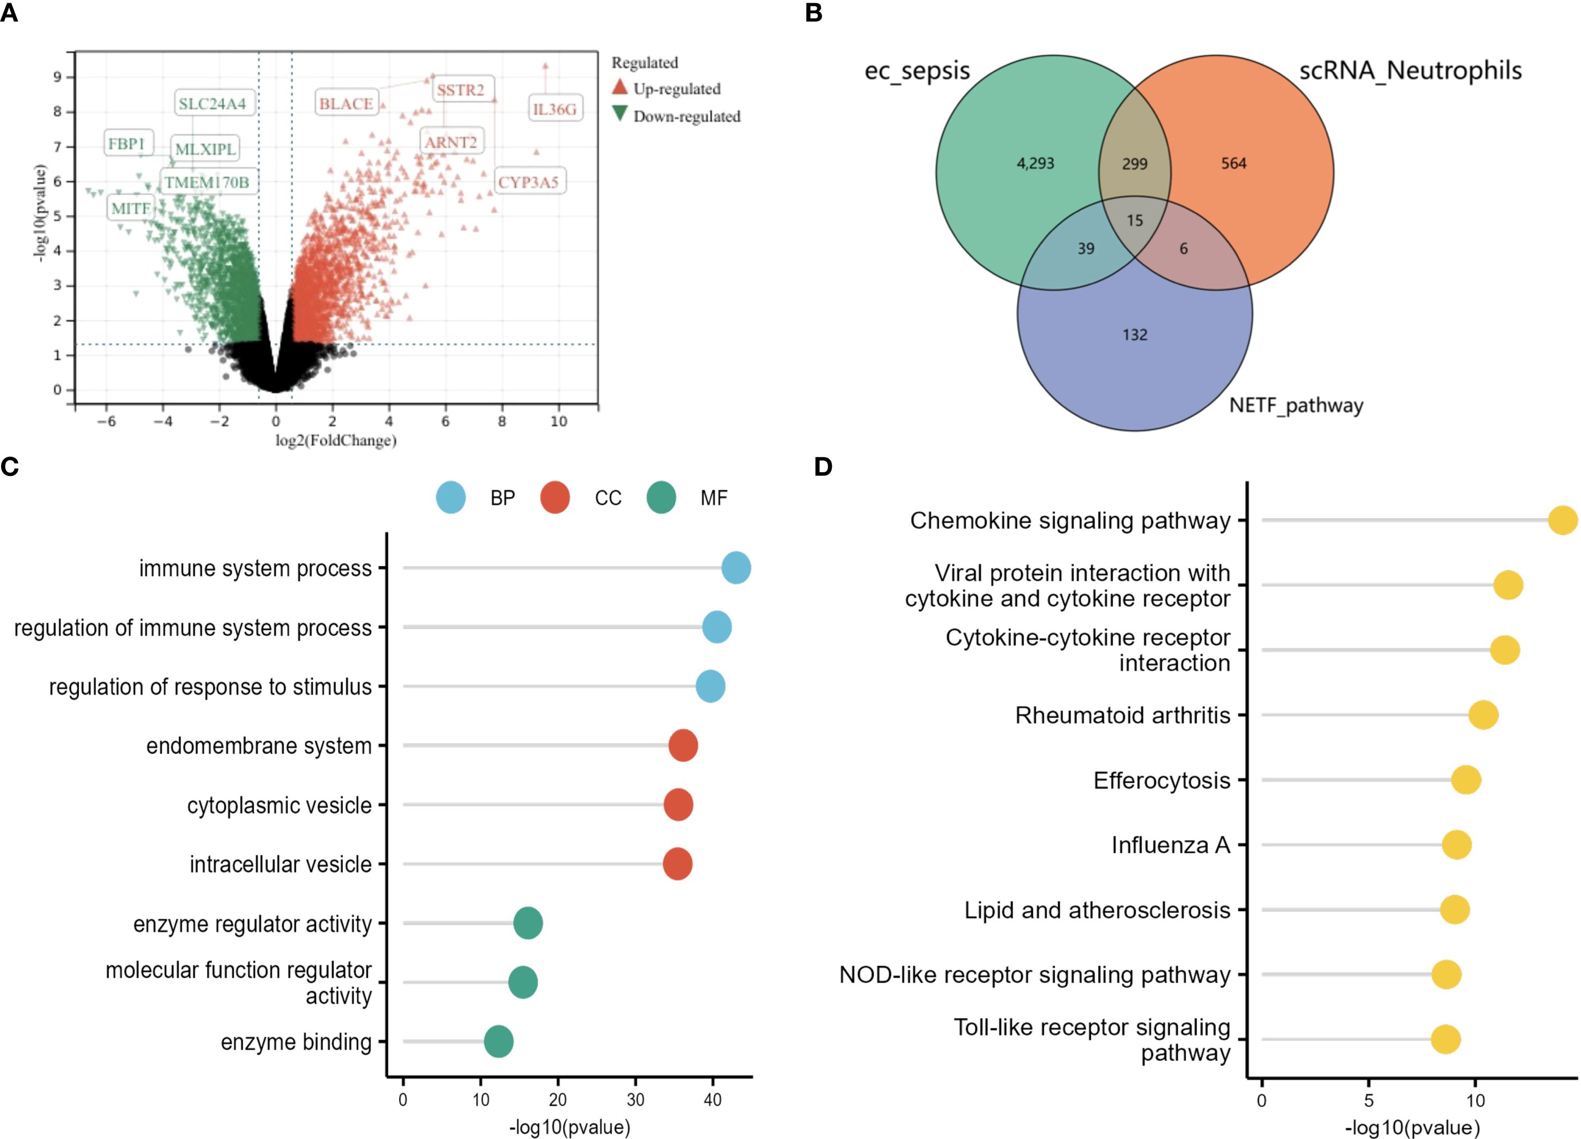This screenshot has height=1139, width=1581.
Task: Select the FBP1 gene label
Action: click(x=126, y=144)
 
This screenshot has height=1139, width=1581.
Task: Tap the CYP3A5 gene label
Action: click(x=528, y=182)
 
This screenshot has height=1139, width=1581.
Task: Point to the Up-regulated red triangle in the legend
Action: click(x=620, y=87)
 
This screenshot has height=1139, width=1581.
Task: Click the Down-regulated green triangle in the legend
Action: click(x=620, y=114)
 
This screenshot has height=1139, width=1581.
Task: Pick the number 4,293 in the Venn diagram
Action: click(x=1035, y=163)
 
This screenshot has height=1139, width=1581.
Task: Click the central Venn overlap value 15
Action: click(x=1135, y=221)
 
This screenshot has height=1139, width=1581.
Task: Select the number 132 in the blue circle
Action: click(x=1135, y=335)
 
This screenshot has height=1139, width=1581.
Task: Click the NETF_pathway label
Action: click(x=1296, y=405)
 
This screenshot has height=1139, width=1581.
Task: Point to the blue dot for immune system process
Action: click(x=736, y=568)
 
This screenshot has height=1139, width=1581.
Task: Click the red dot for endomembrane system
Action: click(x=683, y=746)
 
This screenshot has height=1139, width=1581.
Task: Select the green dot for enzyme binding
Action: click(x=499, y=1041)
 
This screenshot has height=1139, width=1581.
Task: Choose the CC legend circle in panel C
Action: click(x=555, y=497)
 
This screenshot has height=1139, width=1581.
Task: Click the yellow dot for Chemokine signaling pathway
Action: click(x=1563, y=520)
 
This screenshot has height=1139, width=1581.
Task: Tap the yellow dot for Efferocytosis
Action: click(x=1466, y=779)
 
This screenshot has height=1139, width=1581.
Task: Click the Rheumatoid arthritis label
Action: click(x=1122, y=716)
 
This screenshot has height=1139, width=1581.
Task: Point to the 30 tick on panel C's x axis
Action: click(x=635, y=1099)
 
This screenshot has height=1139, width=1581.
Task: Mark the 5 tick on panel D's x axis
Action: click(x=1369, y=1101)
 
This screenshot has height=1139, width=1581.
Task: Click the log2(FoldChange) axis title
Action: click(x=336, y=440)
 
